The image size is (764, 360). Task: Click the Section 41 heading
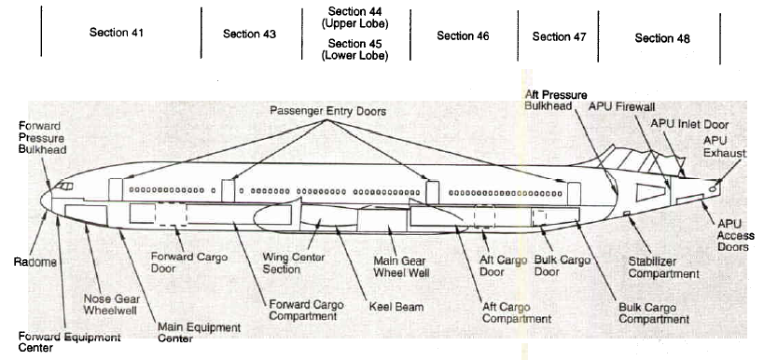[x=117, y=33]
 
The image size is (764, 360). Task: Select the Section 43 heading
[x=249, y=35]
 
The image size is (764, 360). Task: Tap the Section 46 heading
[x=463, y=35]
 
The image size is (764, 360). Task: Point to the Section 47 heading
[x=559, y=36]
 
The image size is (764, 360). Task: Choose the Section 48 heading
[x=662, y=38]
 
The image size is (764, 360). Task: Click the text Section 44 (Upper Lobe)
[x=355, y=17]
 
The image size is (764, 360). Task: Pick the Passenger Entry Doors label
[x=328, y=112]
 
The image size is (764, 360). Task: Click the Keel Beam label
[x=396, y=307]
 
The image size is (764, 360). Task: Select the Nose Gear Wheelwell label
[x=112, y=304]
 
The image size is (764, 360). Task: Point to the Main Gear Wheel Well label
[x=401, y=267]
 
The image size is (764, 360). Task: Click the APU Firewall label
[x=621, y=106]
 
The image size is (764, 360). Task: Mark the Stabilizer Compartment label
[x=663, y=268]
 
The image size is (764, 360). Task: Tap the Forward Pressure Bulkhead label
[x=42, y=138]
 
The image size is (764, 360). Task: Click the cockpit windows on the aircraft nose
[x=63, y=186]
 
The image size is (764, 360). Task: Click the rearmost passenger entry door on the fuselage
[x=574, y=194]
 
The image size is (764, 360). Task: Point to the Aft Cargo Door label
[x=504, y=266]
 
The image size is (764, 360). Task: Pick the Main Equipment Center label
[x=199, y=333]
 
